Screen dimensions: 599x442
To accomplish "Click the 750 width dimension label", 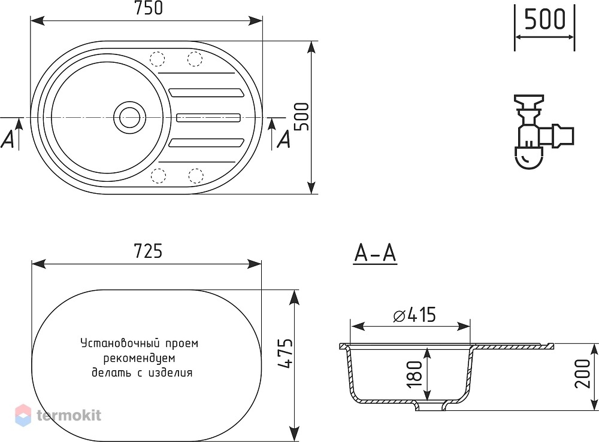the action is click(149, 8).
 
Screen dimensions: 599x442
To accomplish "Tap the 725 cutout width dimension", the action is click(148, 251).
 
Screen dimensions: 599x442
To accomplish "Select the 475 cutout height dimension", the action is click(285, 353).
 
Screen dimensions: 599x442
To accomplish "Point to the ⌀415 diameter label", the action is click(415, 315).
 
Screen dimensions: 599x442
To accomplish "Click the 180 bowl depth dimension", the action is click(415, 374).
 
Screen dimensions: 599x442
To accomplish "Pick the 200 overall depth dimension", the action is click(583, 374).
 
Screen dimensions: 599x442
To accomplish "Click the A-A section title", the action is click(375, 253).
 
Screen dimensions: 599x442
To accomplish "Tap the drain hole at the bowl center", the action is click(129, 117).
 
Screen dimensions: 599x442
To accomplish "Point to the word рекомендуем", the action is click(139, 358).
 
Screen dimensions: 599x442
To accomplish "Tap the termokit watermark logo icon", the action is click(23, 415).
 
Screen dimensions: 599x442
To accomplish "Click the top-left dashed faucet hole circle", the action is click(158, 59).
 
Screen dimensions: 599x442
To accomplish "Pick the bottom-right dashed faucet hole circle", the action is click(195, 176).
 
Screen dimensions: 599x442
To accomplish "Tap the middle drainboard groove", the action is click(208, 117).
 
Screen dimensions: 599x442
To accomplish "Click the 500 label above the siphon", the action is click(544, 19).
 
